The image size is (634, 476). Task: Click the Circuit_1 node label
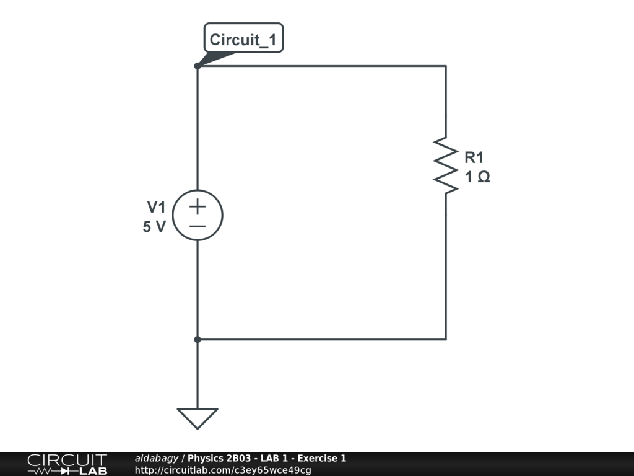pyautogui.click(x=243, y=40)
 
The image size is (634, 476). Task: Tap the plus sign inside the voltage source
pyautogui.click(x=198, y=206)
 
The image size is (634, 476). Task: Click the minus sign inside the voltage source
pyautogui.click(x=198, y=226)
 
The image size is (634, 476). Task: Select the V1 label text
pyautogui.click(x=157, y=207)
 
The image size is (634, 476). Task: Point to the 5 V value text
pyautogui.click(x=155, y=227)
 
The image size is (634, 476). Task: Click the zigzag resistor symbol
pyautogui.click(x=446, y=164)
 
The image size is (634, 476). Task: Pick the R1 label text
pyautogui.click(x=474, y=157)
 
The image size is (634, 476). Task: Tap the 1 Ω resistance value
pyautogui.click(x=477, y=177)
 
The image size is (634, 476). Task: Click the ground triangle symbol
pyautogui.click(x=198, y=418)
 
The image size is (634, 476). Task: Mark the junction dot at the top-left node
pyautogui.click(x=198, y=66)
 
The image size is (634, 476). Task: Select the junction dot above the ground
pyautogui.click(x=198, y=339)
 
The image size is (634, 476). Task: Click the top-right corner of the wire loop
pyautogui.click(x=446, y=66)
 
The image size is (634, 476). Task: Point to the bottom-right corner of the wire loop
pyautogui.click(x=446, y=339)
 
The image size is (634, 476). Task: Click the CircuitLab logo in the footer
pyautogui.click(x=67, y=464)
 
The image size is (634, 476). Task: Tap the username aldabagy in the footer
pyautogui.click(x=157, y=459)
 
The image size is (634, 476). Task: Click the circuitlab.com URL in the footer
pyautogui.click(x=223, y=470)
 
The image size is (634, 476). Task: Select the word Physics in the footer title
pyautogui.click(x=204, y=459)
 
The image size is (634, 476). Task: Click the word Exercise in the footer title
pyautogui.click(x=318, y=459)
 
